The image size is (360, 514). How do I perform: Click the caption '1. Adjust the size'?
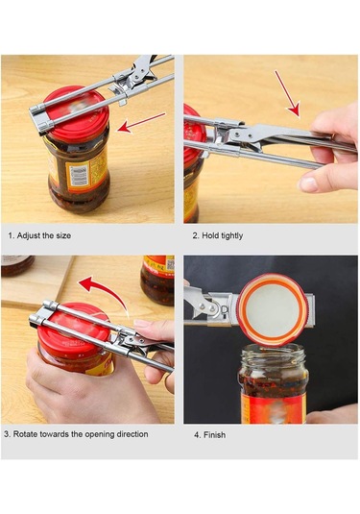coord(39,235)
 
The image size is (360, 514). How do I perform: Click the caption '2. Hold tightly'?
coord(218,235)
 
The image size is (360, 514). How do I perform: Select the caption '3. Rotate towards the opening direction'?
coord(76,434)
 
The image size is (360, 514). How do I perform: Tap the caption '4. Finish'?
coord(209,435)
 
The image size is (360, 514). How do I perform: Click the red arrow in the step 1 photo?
coord(141,122)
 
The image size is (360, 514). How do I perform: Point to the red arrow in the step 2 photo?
coord(287,94)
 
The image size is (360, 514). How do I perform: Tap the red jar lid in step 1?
coord(76,113)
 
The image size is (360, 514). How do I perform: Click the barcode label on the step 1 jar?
coord(79,176)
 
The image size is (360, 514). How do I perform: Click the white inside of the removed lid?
coord(273,309)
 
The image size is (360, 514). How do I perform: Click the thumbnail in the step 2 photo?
coord(308,184)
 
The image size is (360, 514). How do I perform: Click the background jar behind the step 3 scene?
coord(157,281)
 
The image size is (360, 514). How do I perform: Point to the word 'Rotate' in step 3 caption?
coord(25,434)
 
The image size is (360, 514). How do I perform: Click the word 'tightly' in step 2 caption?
coord(232,236)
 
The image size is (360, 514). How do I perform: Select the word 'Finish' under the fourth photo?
coord(214,435)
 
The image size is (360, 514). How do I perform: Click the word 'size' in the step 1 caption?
coord(63,235)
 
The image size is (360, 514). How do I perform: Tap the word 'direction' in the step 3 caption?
coord(132,434)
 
